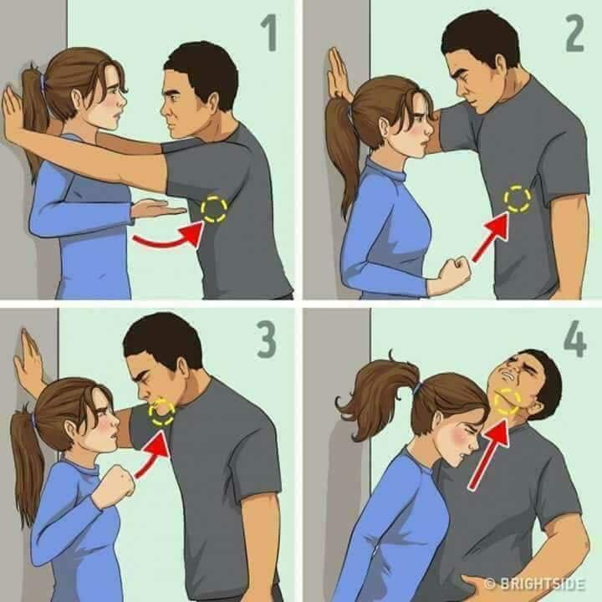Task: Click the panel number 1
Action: click(x=270, y=33)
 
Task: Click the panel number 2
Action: click(x=574, y=33)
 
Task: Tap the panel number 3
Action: click(x=267, y=339)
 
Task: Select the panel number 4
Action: click(x=575, y=339)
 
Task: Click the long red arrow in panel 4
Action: click(x=489, y=455)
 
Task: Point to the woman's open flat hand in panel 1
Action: click(x=158, y=209)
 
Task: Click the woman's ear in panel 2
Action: click(x=385, y=128)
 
